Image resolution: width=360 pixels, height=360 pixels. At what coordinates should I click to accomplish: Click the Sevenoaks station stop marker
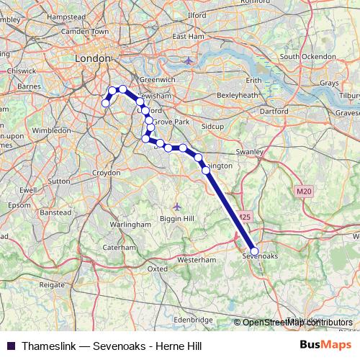click(x=253, y=251)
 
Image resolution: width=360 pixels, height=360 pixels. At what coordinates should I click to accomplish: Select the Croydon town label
click(x=106, y=173)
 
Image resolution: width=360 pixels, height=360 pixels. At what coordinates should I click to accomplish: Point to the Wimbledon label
click(x=51, y=130)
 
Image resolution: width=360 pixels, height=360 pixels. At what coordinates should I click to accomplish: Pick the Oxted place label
click(x=157, y=269)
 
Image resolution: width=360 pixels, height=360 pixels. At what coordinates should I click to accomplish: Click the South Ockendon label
click(x=308, y=56)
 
